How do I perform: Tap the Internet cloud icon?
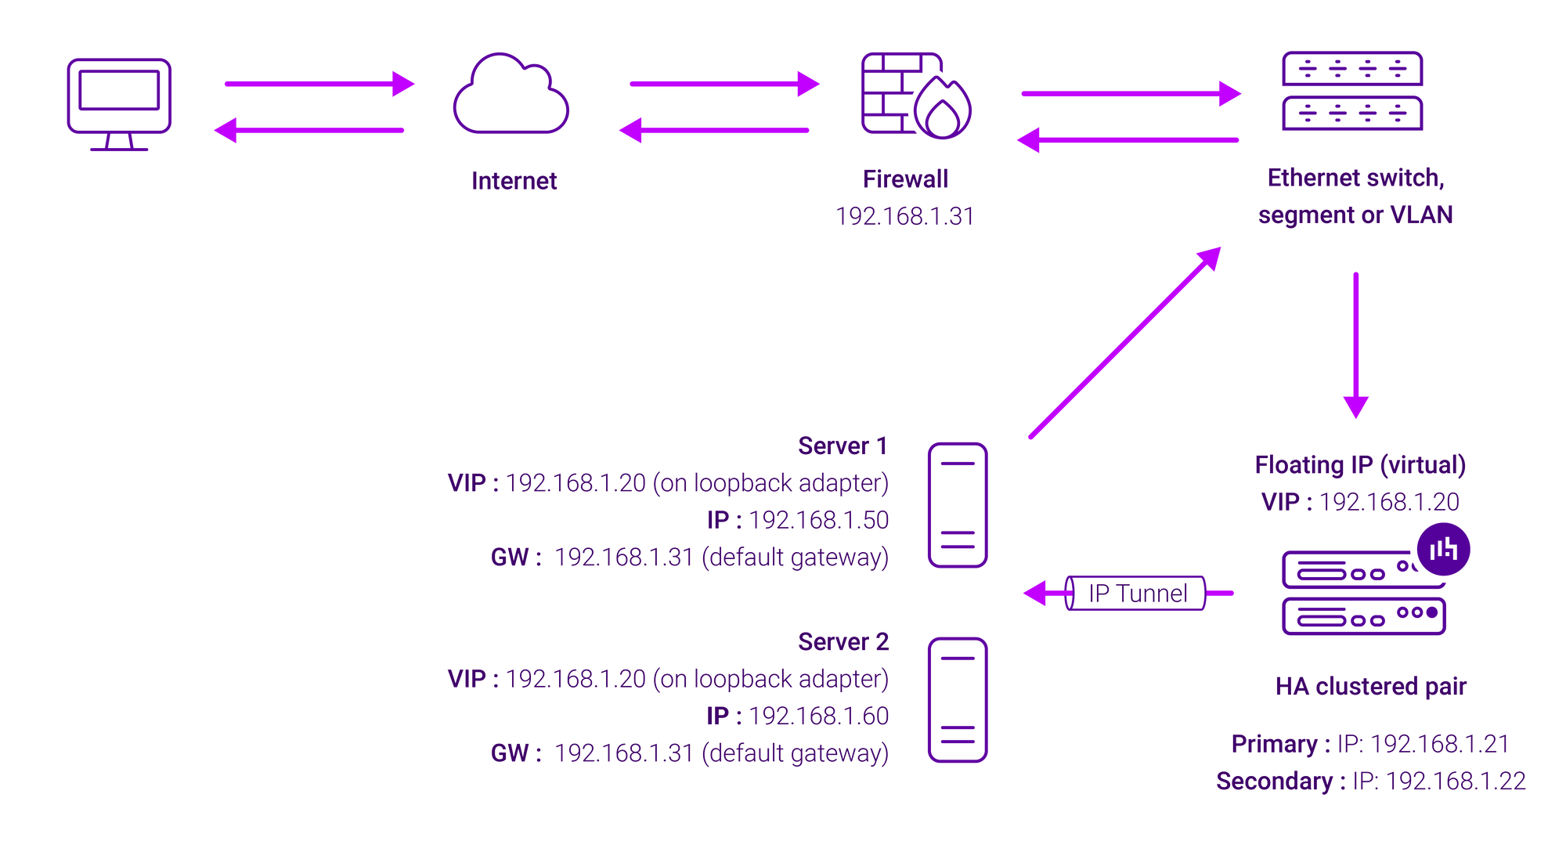[511, 94]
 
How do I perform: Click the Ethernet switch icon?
[1352, 91]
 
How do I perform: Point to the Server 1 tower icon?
[958, 504]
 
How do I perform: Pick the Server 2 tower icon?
[958, 699]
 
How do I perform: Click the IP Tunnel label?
[1138, 594]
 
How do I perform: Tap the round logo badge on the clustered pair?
[1443, 549]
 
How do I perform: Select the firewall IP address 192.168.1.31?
[905, 216]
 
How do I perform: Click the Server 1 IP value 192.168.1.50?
[819, 520]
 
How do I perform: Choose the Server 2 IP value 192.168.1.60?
[819, 716]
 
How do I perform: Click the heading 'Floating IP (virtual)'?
[1360, 465]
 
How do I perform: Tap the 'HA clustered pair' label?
[1371, 687]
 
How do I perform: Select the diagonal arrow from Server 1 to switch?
[1125, 342]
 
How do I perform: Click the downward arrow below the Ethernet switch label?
[1356, 345]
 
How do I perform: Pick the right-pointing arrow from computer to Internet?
[319, 84]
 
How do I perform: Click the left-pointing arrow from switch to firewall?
[1128, 140]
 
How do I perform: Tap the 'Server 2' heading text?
[843, 642]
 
